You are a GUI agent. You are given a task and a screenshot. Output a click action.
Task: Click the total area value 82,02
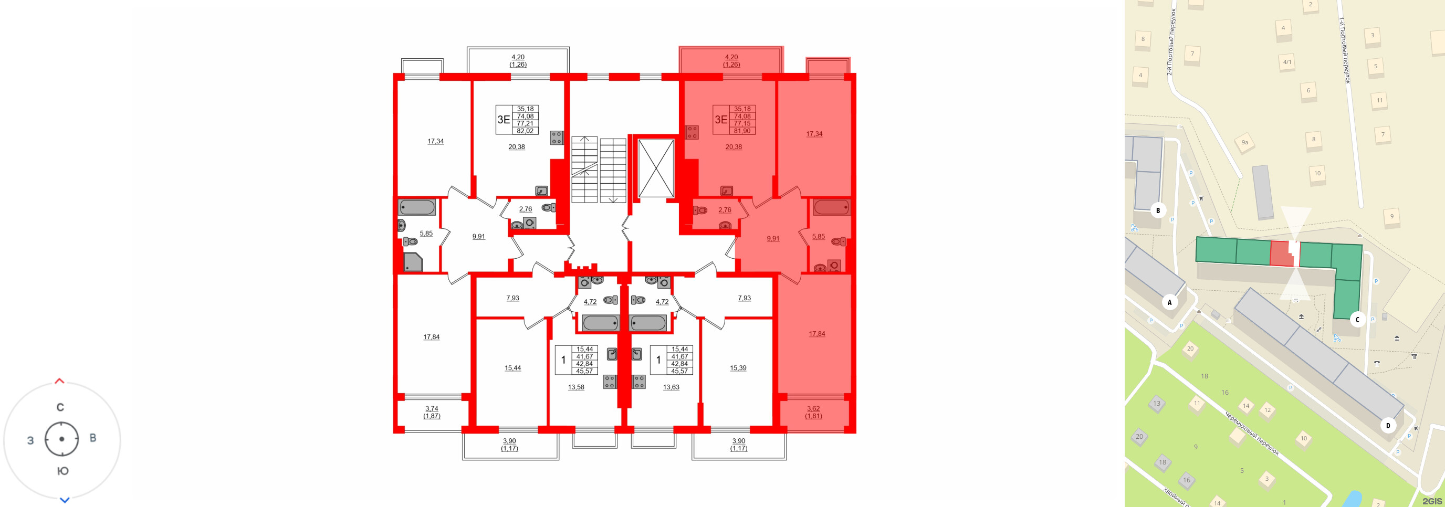click(x=525, y=131)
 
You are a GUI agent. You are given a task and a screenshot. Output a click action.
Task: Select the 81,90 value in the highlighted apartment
click(x=741, y=131)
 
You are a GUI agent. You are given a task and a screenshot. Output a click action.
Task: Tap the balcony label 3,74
click(x=432, y=409)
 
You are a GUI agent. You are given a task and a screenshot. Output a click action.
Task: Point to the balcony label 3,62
click(x=813, y=409)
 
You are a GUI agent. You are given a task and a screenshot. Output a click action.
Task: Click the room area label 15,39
click(x=738, y=368)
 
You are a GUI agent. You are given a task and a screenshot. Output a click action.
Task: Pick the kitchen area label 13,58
click(x=575, y=387)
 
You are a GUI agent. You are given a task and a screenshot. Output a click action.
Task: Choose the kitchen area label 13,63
click(x=671, y=387)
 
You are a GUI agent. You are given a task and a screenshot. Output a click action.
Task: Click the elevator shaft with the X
click(x=656, y=168)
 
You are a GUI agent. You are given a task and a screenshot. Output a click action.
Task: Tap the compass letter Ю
click(x=63, y=471)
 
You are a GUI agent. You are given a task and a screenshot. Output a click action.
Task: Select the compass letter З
click(x=30, y=441)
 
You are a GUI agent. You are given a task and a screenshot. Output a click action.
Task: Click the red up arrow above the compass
click(x=59, y=382)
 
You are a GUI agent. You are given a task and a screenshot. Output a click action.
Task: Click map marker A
click(x=1169, y=302)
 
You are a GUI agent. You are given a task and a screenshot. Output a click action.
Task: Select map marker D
click(x=1388, y=426)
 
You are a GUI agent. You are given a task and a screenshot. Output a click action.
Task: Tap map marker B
click(x=1158, y=211)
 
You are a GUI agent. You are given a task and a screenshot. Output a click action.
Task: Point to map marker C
click(x=1357, y=320)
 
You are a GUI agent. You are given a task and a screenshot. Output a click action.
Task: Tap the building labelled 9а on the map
click(x=1245, y=142)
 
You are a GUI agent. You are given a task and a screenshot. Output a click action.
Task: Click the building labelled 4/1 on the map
click(x=1287, y=62)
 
